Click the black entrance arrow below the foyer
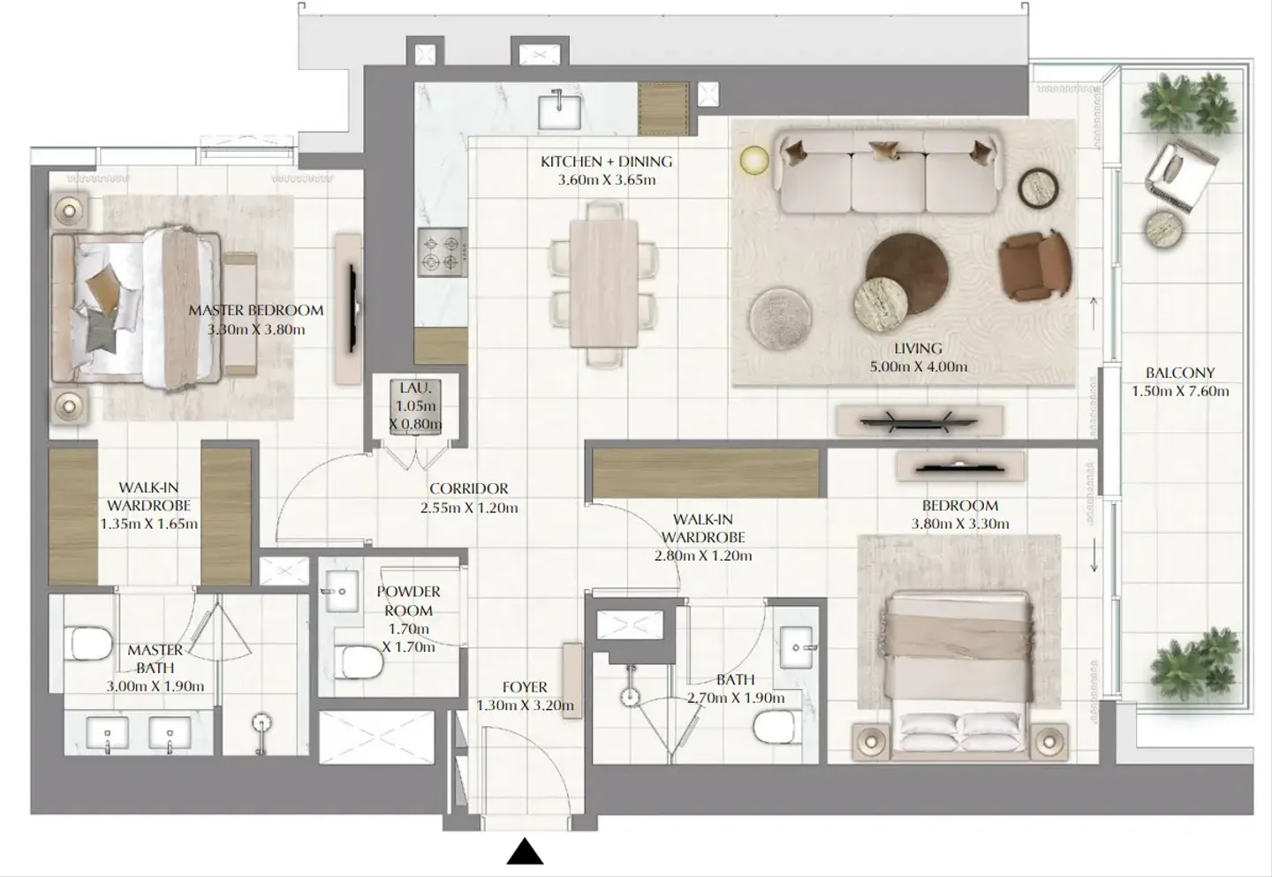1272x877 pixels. [x=525, y=851]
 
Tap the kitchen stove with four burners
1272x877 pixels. [x=443, y=253]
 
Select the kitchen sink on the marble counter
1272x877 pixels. [x=559, y=112]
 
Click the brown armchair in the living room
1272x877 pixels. [x=1035, y=266]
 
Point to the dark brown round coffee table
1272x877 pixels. [x=907, y=273]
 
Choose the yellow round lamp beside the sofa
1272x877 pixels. [x=754, y=160]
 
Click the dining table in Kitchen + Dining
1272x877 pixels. [x=603, y=284]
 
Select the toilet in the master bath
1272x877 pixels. [x=88, y=643]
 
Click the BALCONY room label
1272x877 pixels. [x=1180, y=373]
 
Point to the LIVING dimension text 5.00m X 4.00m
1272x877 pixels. [x=919, y=367]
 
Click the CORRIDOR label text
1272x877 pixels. [x=468, y=488]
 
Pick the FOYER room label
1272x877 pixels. [x=525, y=687]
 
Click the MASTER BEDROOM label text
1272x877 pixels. [x=256, y=311]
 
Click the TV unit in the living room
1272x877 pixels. [x=919, y=421]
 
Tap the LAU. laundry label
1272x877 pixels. [x=415, y=389]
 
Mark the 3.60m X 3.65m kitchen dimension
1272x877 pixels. [x=607, y=180]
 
